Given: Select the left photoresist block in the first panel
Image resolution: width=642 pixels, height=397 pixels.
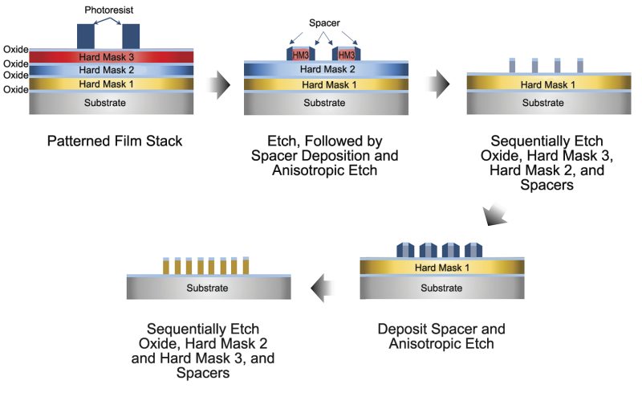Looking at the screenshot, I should click(x=86, y=35).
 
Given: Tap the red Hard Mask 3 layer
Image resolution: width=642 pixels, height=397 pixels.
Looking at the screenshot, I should click(x=108, y=57).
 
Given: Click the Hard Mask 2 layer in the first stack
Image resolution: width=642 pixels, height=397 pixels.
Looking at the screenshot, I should click(x=108, y=71).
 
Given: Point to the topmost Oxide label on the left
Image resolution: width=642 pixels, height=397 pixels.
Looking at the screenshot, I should click(x=16, y=50).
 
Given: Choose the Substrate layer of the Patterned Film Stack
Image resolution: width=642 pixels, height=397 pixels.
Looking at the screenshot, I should click(x=108, y=103).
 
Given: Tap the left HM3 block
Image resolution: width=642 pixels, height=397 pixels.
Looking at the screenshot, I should click(x=299, y=54).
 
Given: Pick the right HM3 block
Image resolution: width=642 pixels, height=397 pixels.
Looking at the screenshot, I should click(x=345, y=54).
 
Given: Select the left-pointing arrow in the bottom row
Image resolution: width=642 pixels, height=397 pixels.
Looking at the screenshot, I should click(x=329, y=281).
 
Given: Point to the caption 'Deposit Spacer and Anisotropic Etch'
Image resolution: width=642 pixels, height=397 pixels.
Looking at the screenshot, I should click(x=441, y=337).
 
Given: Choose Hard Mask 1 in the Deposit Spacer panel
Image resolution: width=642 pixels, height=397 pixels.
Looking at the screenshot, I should click(x=441, y=267).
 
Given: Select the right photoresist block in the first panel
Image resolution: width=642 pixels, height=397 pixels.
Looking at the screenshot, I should click(x=130, y=35).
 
